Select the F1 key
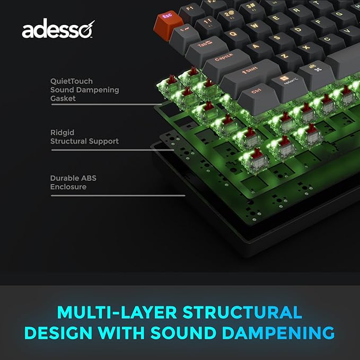click(x=190, y=9)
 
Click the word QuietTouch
click(x=72, y=81)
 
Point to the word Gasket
click(x=63, y=98)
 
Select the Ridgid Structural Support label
click(x=84, y=137)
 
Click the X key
click(x=307, y=47)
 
